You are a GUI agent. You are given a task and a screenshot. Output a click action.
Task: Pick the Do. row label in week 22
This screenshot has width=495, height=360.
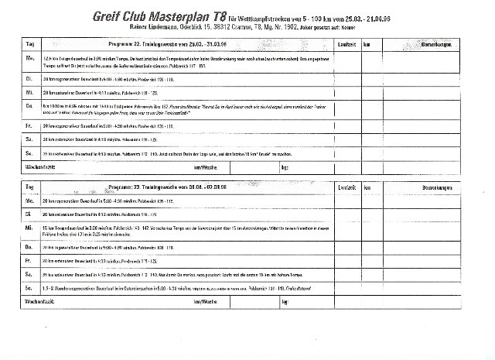31,105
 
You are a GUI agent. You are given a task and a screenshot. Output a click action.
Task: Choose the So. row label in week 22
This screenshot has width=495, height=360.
30,154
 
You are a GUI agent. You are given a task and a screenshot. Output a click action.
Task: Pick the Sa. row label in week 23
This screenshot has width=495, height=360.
30,275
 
